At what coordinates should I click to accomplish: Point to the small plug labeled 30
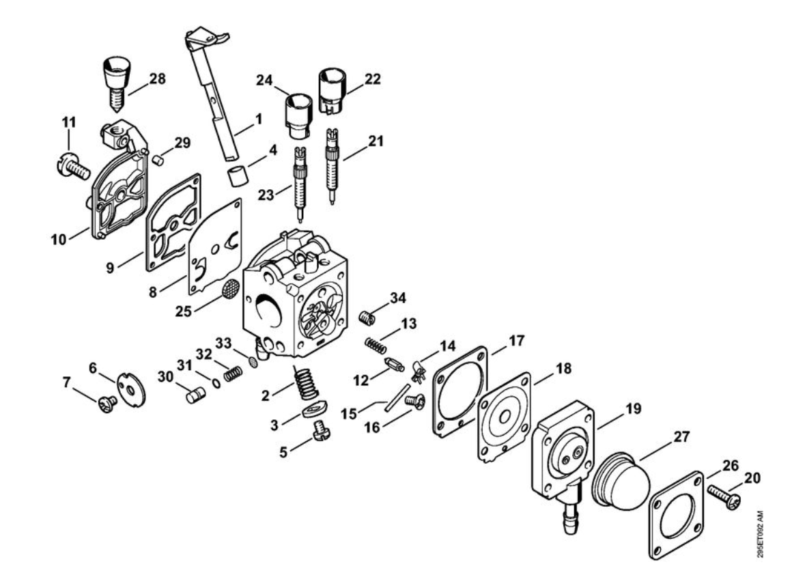point(196,395)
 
